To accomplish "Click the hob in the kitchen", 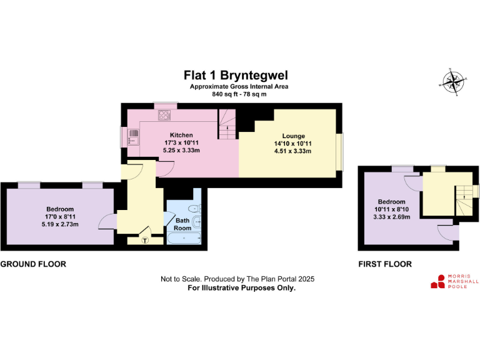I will coord(166,115).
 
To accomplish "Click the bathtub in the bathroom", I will coord(183,239).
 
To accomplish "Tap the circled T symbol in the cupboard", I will coord(146,239).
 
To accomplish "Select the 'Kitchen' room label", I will coord(181,135).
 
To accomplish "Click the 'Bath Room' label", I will coord(182,224).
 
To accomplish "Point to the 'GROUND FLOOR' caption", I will coord(33,264).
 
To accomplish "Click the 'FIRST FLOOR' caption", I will coord(385,264).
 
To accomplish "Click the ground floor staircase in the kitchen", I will coord(226,124).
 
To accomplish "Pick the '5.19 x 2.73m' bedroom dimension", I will coord(60,224).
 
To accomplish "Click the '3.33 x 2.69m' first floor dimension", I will coord(391,216).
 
